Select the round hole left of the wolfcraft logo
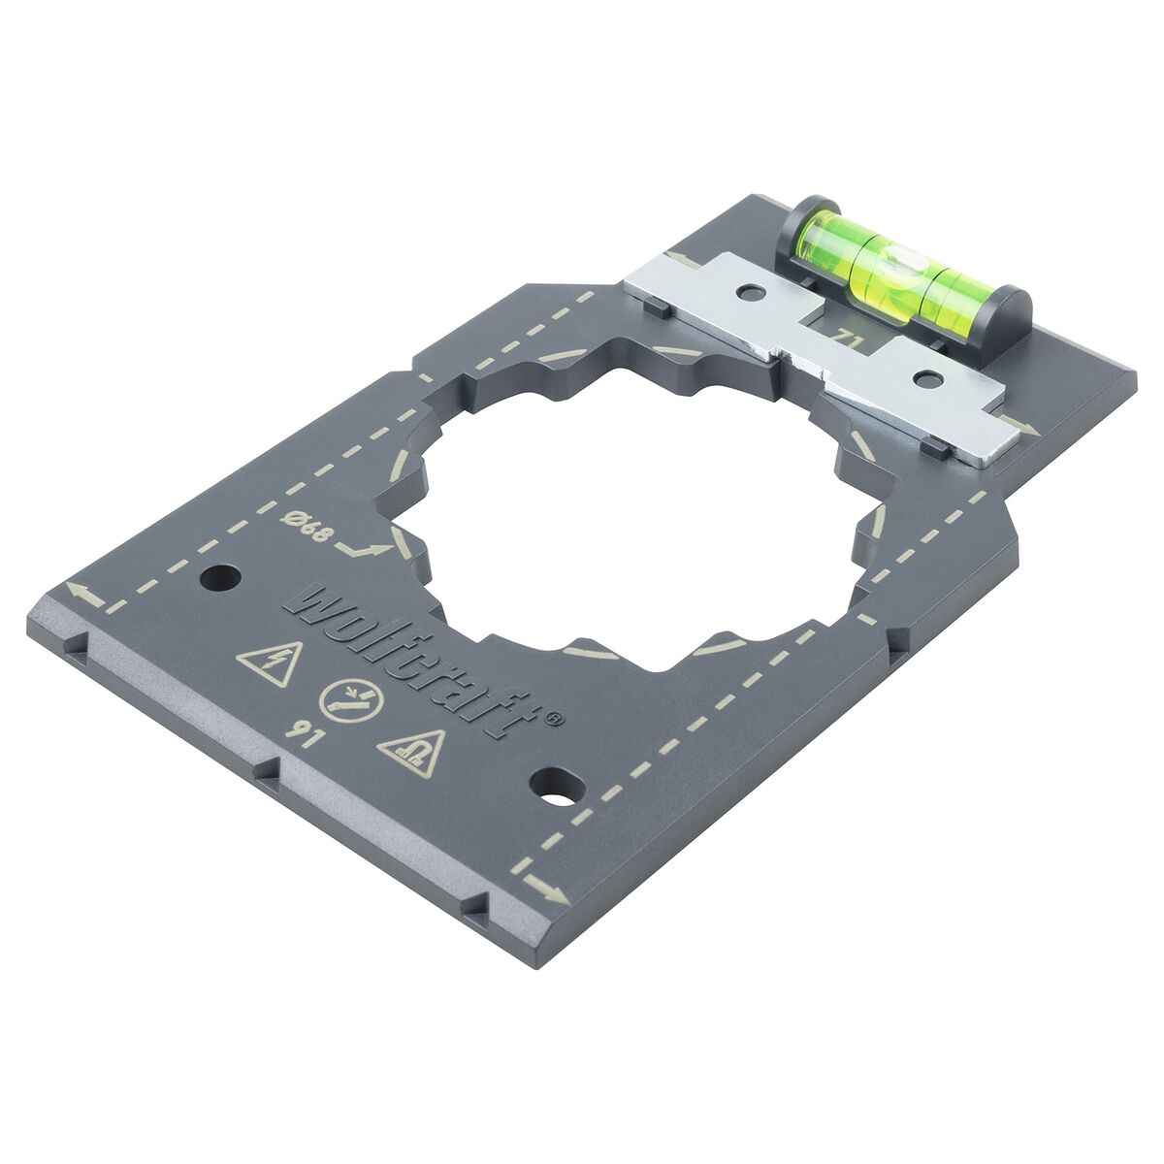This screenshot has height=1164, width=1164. [219, 579]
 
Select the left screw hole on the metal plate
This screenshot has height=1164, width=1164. [748, 290]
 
